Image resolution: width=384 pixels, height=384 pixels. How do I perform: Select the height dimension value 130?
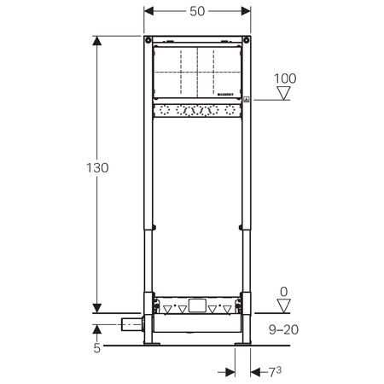(x=98, y=168)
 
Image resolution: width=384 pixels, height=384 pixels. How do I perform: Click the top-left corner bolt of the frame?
(x=148, y=42)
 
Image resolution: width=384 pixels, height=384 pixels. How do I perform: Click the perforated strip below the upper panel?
(x=197, y=111)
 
